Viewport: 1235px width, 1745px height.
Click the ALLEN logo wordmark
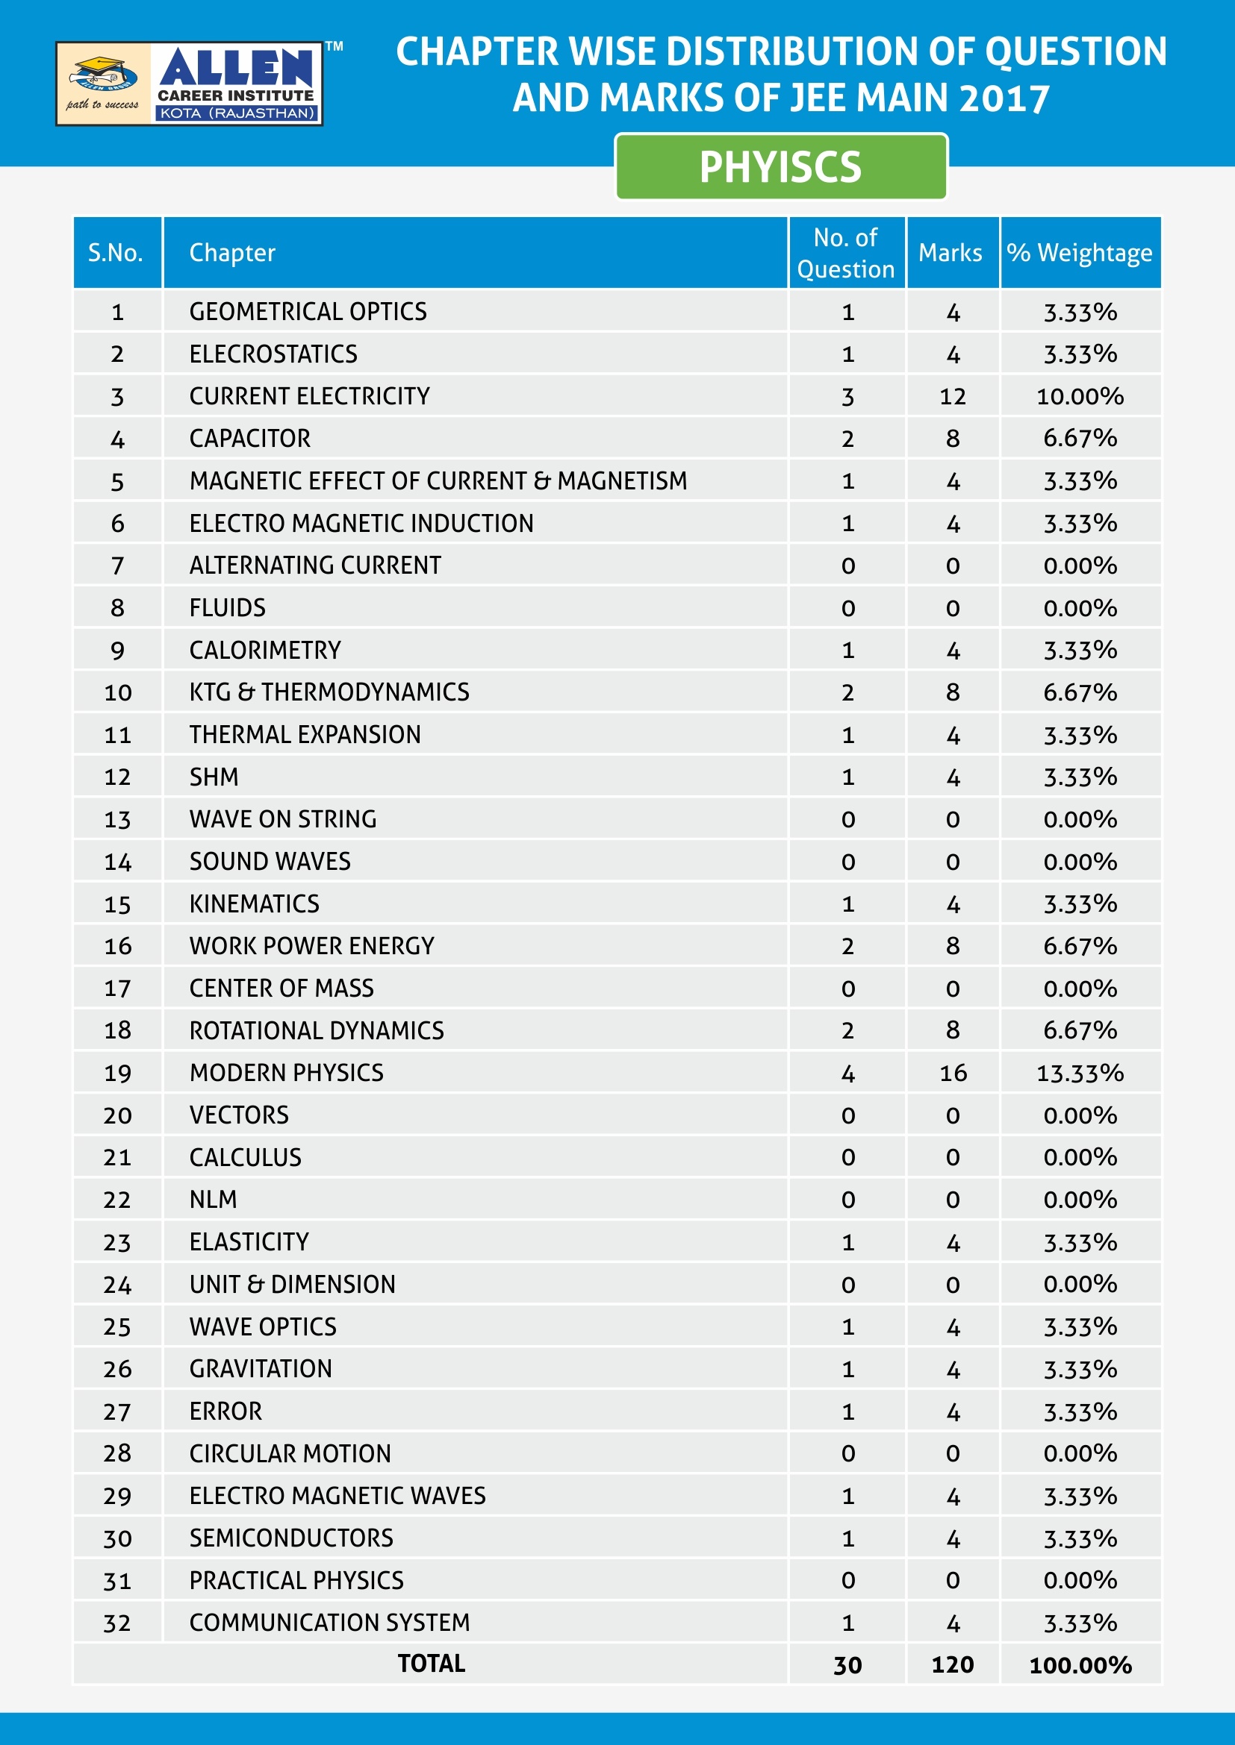click(x=236, y=69)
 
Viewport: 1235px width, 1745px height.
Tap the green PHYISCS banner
click(x=780, y=167)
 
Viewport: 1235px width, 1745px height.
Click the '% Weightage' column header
click(x=1079, y=253)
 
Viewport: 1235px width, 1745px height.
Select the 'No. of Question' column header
click(x=846, y=253)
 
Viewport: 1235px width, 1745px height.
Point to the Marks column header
click(x=950, y=253)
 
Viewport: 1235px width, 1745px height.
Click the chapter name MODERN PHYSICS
click(x=287, y=1072)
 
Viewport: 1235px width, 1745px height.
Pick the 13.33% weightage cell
click(x=1080, y=1073)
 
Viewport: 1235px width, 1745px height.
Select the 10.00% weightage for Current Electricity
click(x=1080, y=396)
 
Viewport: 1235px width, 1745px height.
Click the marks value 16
click(x=953, y=1073)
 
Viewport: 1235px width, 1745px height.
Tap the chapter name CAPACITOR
click(x=250, y=439)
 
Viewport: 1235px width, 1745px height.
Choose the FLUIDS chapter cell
click(x=228, y=608)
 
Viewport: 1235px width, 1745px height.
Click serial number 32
click(x=117, y=1623)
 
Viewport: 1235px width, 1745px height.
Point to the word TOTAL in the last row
click(x=431, y=1664)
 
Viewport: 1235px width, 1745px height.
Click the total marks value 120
click(x=952, y=1664)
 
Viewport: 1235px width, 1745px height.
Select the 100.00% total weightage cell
click(x=1080, y=1664)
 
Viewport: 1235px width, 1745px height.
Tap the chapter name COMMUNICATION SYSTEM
click(x=329, y=1623)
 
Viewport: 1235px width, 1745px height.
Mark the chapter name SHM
click(x=214, y=777)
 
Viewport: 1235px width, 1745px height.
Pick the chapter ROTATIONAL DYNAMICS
click(x=317, y=1030)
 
